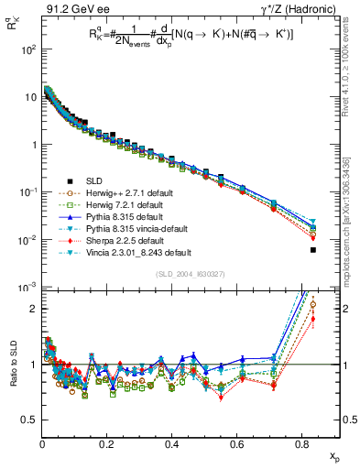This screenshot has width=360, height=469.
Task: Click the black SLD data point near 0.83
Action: (313, 249)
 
